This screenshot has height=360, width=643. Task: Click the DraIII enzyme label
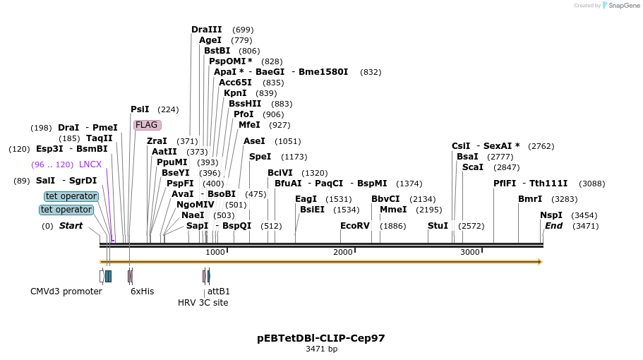click(206, 30)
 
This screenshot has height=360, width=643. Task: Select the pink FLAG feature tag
click(147, 125)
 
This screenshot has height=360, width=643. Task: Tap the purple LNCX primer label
click(90, 164)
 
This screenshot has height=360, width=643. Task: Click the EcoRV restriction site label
click(354, 226)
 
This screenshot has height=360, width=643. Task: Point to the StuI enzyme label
click(438, 226)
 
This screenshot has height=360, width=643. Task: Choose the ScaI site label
click(472, 167)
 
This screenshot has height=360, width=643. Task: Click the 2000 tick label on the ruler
click(342, 252)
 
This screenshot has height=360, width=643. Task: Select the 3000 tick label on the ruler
click(469, 252)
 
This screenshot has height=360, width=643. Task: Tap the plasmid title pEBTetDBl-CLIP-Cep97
click(321, 338)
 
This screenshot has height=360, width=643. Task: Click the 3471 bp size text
click(321, 349)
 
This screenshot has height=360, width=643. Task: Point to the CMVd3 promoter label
click(66, 292)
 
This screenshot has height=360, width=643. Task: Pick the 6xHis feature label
click(142, 292)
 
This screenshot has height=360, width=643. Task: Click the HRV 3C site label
click(203, 303)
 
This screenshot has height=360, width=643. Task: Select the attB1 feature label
click(219, 292)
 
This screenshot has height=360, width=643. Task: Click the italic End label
click(553, 226)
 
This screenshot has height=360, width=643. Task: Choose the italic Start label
click(71, 226)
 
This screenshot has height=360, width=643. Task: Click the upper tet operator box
click(71, 196)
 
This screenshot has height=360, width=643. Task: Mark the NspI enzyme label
click(551, 215)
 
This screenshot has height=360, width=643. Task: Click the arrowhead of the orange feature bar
click(539, 262)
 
